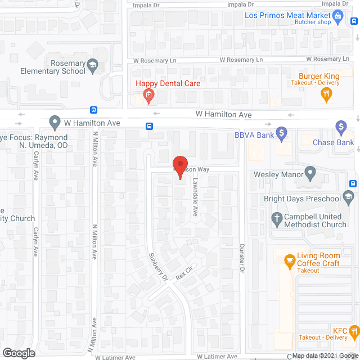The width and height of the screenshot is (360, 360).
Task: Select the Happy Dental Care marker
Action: pyautogui.click(x=148, y=95)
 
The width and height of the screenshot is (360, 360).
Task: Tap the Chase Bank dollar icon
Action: pyautogui.click(x=340, y=128)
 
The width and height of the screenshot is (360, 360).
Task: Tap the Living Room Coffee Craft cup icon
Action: pyautogui.click(x=290, y=260)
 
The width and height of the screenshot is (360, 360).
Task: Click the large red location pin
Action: pyautogui.click(x=179, y=166)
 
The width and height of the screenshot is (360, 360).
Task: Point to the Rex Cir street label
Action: pyautogui.click(x=184, y=273)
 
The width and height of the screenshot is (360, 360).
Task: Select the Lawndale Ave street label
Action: pyautogui.click(x=195, y=198)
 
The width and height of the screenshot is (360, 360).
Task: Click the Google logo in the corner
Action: pyautogui.click(x=18, y=353)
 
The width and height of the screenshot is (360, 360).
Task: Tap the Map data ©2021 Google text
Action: pyautogui.click(x=325, y=355)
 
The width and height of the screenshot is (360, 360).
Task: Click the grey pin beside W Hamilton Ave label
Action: pyautogui.click(x=55, y=121)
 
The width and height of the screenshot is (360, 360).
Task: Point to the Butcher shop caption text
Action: pyautogui.click(x=313, y=22)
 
